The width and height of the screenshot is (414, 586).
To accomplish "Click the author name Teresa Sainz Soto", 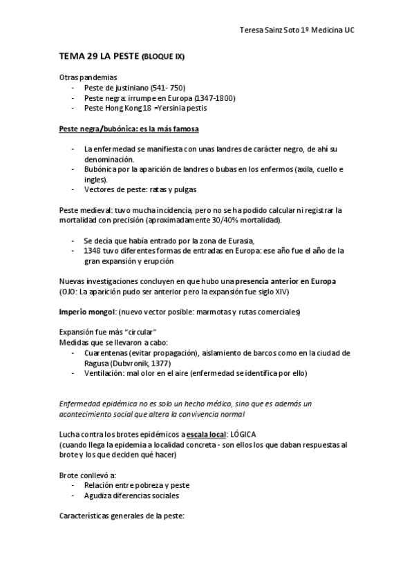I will point(270,30).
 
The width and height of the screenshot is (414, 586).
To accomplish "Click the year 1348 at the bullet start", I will point(92,250).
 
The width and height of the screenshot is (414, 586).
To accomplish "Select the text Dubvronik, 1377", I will point(140,363).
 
